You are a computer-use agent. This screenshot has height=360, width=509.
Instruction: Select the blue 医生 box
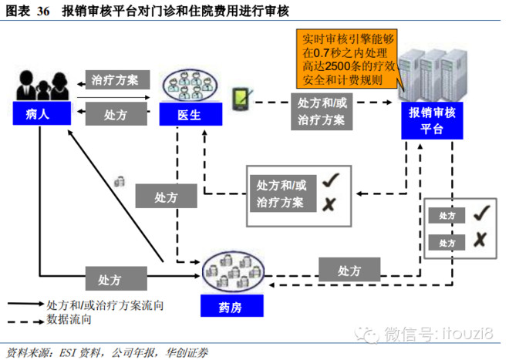(190, 115)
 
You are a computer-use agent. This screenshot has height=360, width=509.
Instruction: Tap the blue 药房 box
(231, 307)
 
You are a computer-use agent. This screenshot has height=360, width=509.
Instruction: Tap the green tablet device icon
(242, 98)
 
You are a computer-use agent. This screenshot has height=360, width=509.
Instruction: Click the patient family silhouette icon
(37, 86)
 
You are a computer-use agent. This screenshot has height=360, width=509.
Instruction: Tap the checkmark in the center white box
(331, 180)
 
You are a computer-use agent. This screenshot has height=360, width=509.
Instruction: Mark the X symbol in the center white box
(329, 204)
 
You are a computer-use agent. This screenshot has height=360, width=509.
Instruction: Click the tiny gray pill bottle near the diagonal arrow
(120, 181)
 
